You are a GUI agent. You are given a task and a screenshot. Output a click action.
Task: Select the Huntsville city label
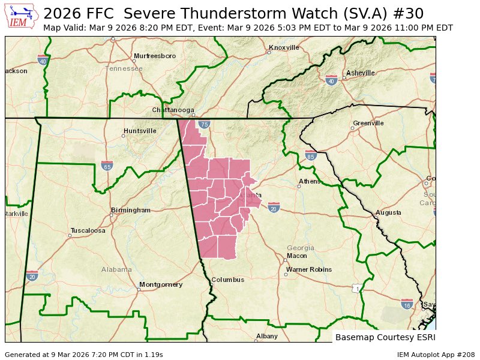[140, 131]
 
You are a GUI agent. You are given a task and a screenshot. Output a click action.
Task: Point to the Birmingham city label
[130, 211]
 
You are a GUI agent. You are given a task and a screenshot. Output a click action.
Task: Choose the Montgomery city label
[160, 284]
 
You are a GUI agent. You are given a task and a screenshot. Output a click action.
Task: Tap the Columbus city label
[227, 280]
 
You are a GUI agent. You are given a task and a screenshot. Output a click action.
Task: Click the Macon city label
[297, 256]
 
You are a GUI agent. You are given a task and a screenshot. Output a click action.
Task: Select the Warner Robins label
[308, 269]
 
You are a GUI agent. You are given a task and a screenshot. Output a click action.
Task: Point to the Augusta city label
[388, 213]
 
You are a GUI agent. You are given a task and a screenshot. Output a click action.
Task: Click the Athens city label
[310, 181]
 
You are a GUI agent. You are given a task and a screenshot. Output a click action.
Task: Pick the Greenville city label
[368, 123]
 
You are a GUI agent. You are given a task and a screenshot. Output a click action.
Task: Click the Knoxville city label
[284, 47]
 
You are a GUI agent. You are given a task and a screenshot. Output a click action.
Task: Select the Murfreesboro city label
[155, 56]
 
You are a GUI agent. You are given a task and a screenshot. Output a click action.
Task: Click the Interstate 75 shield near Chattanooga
[205, 124]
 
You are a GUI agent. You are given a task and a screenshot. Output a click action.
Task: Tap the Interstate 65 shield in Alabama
[107, 165]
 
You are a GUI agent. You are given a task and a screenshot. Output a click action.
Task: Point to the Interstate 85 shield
[310, 155]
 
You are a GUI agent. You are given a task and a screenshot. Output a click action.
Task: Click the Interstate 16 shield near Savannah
[407, 304]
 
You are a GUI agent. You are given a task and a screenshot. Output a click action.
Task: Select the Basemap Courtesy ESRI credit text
[384, 337]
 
